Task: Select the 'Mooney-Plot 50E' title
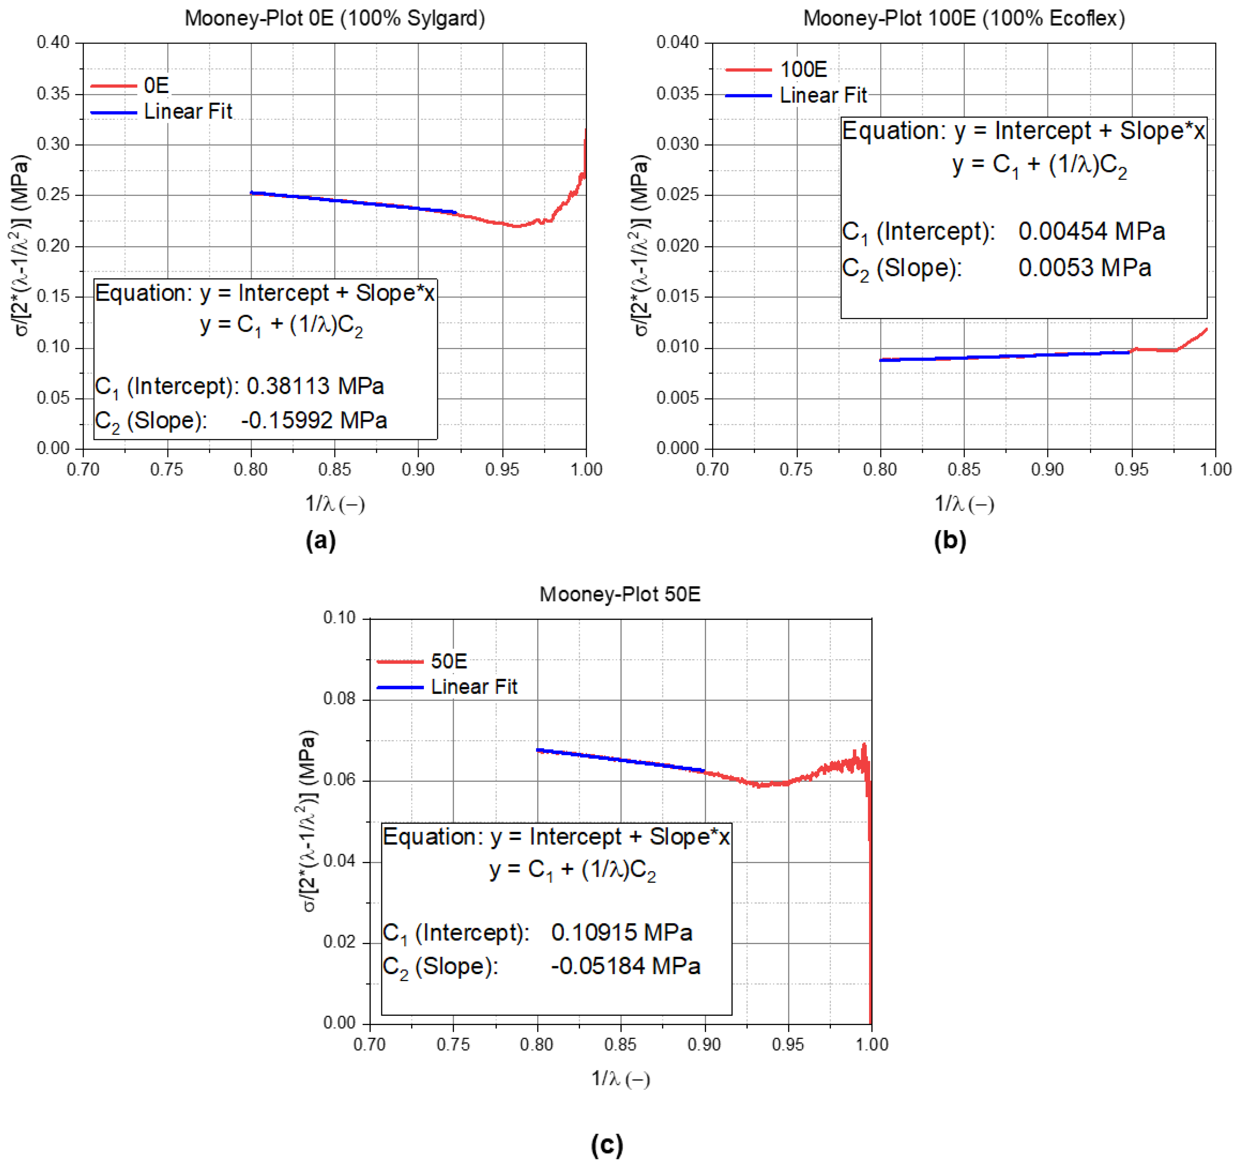619,594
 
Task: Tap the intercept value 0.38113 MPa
315,387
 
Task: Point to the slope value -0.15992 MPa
314,420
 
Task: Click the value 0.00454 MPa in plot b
1091,231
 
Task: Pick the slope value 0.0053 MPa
1084,268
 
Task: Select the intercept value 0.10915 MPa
621,933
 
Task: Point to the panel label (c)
606,1145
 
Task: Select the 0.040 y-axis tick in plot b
677,43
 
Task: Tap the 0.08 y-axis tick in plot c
339,699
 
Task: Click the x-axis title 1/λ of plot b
964,503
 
